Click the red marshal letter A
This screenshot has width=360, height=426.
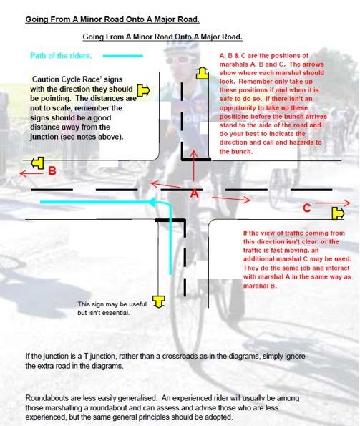click(195, 193)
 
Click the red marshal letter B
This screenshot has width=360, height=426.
click(52, 170)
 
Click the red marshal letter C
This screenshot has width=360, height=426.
click(307, 208)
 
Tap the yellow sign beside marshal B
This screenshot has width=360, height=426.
click(37, 163)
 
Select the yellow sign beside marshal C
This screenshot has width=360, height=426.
click(339, 213)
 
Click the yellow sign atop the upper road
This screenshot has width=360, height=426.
click(203, 73)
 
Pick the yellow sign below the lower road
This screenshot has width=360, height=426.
click(159, 301)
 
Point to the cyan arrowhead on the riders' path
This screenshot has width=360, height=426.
click(152, 202)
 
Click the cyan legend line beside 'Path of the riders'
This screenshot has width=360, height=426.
click(122, 56)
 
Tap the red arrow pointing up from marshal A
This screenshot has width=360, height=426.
click(193, 165)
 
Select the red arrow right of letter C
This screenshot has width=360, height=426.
click(333, 203)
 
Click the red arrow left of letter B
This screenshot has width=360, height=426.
click(31, 173)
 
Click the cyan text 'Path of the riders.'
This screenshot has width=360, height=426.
click(61, 56)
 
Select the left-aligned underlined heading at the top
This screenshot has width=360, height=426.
click(112, 19)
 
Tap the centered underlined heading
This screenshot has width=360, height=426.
click(162, 37)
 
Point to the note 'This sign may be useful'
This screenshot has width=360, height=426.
click(112, 304)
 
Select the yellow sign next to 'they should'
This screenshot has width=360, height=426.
click(143, 90)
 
